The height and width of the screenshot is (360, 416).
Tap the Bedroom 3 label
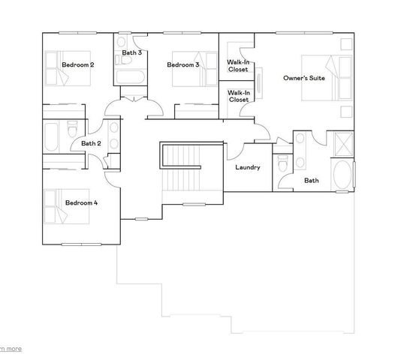182,65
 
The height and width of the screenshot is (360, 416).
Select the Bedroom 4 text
81,202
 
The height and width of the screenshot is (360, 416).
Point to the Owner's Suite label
303,77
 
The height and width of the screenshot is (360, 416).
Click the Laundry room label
247,167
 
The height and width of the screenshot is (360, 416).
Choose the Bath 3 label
132,52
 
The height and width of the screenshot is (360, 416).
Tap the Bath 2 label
91,143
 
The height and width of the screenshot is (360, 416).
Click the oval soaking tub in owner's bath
342,175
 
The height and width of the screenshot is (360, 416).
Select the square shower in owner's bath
342,142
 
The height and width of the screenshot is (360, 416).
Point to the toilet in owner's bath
282,163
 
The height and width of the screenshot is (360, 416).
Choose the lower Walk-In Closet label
238,95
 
